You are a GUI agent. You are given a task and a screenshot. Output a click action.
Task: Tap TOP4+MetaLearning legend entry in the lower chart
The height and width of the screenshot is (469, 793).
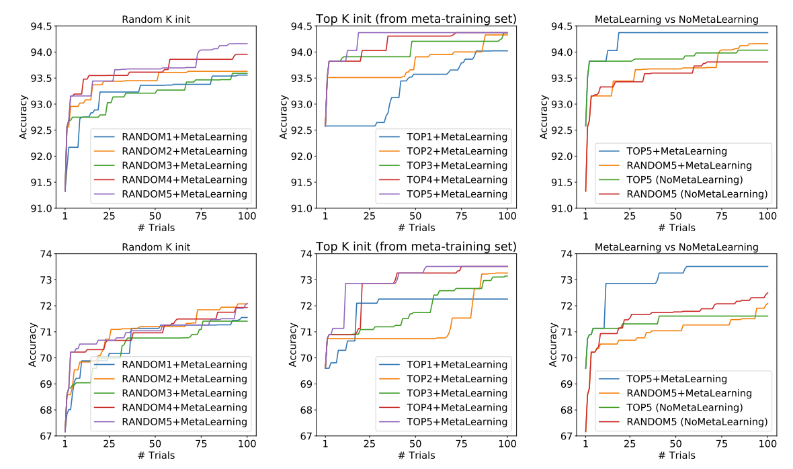[456, 407]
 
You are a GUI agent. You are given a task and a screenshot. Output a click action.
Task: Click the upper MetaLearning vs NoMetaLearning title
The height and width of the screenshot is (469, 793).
[677, 19]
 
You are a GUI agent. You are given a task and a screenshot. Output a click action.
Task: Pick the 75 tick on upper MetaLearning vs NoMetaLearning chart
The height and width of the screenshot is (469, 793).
[722, 217]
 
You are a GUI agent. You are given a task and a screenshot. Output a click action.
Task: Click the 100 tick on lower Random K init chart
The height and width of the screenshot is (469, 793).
[247, 445]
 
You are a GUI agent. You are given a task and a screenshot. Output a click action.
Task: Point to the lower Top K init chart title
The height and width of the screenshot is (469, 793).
[416, 246]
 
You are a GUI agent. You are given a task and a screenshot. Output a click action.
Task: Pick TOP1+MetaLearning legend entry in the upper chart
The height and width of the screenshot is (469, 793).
[456, 137]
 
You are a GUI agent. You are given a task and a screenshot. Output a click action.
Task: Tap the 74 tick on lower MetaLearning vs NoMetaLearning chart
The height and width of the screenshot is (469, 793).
[567, 253]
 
